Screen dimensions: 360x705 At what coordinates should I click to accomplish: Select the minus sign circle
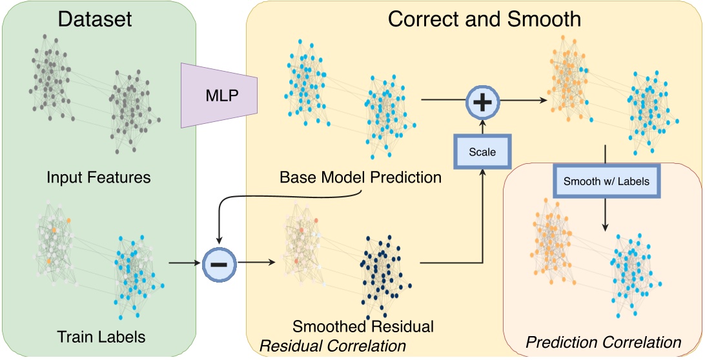[x=220, y=263]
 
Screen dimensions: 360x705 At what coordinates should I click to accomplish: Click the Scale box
[x=483, y=153]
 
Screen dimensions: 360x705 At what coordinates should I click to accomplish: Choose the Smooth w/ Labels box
[x=605, y=182]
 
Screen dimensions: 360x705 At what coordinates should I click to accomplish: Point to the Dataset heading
[x=95, y=19]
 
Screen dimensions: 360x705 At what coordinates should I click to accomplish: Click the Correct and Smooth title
[x=484, y=19]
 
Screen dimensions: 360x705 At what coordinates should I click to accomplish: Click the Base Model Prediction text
[x=360, y=177]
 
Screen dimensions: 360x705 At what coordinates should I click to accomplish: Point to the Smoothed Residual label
[x=363, y=326]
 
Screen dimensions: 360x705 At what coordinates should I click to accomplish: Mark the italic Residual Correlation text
[x=332, y=346]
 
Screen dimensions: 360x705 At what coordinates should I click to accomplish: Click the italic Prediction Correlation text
[x=604, y=342]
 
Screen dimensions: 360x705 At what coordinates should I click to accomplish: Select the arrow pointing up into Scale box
[x=483, y=213]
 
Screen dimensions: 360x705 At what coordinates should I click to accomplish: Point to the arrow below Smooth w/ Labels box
[x=605, y=213]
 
